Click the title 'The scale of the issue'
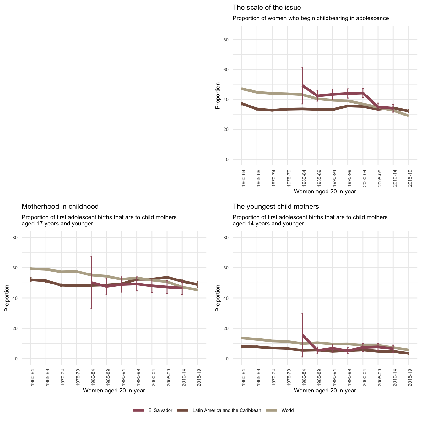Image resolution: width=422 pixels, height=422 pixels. pos(267,8)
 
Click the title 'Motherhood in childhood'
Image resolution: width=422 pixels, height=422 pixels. pos(60,207)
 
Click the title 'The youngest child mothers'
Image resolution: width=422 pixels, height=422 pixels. pos(276,207)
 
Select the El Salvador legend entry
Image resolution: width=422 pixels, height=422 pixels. pos(160,410)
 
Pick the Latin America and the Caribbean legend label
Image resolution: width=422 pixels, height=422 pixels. pos(226,410)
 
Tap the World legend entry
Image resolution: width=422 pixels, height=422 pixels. pos(287,410)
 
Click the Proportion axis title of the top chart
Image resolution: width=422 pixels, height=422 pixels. pos(218,95)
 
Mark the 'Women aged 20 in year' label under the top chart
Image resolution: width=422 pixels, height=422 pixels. pos(325,191)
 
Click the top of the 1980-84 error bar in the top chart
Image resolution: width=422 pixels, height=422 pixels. pos(302,67)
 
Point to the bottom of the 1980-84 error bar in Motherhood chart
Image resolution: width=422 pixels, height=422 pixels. pos(91,308)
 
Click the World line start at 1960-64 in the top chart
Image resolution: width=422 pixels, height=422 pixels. pos(242,89)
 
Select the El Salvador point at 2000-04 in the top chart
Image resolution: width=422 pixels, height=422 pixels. pos(363,93)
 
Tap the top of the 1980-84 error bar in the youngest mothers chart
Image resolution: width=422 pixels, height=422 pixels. pos(302,313)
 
